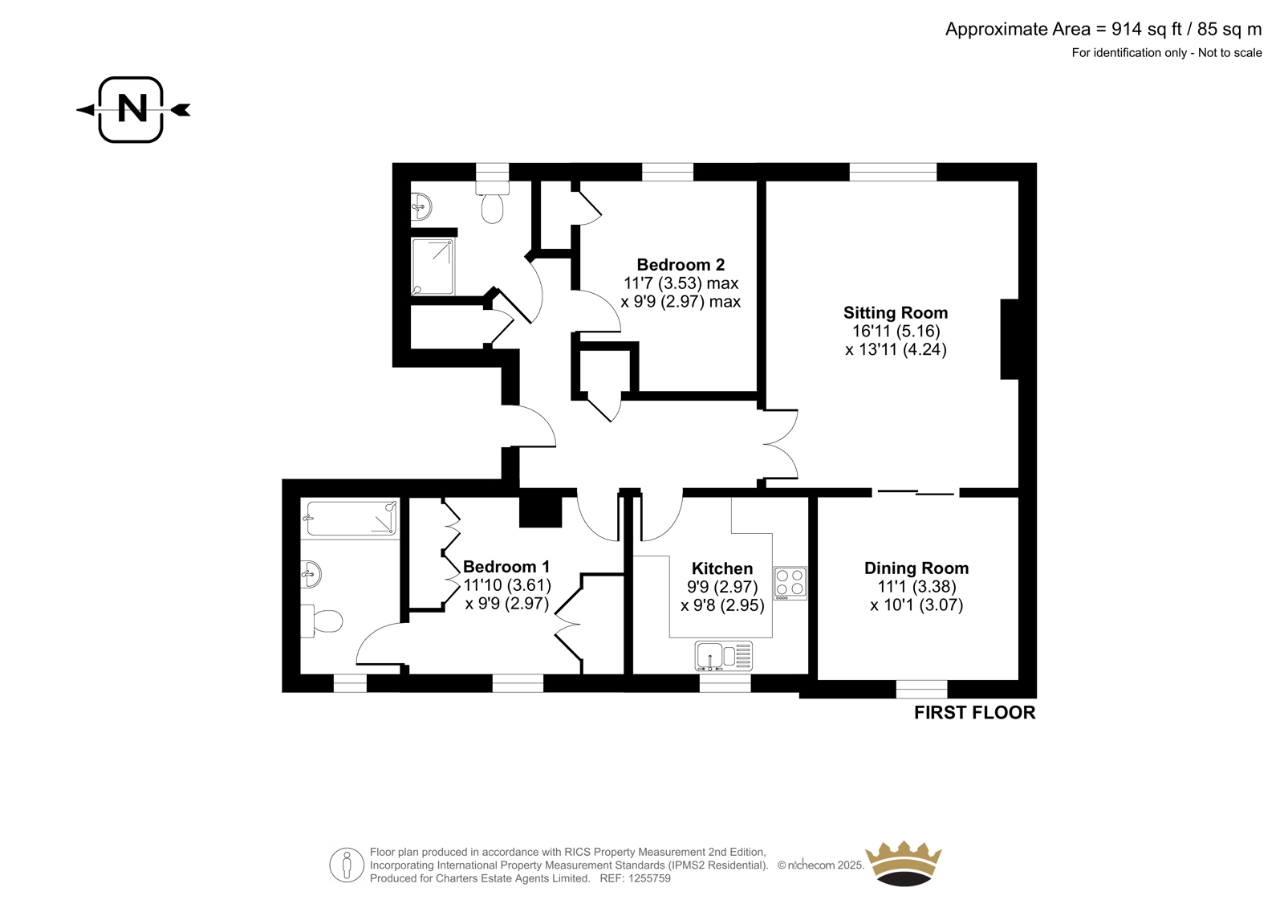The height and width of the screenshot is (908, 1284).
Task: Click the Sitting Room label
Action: pyautogui.click(x=896, y=312)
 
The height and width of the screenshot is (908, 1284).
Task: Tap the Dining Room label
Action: pyautogui.click(x=916, y=568)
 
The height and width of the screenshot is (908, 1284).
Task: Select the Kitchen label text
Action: pyautogui.click(x=722, y=568)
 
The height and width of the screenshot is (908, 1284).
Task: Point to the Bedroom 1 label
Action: pyautogui.click(x=506, y=567)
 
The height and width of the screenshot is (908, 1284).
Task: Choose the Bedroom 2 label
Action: pyautogui.click(x=681, y=264)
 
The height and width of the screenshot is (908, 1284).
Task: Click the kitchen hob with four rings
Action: pyautogui.click(x=790, y=583)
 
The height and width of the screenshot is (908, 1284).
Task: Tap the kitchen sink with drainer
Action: pyautogui.click(x=724, y=656)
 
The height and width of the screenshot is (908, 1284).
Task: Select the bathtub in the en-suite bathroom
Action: pyautogui.click(x=350, y=519)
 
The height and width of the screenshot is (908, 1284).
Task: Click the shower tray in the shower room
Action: pyautogui.click(x=433, y=267)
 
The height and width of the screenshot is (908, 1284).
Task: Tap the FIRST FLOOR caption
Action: pyautogui.click(x=974, y=713)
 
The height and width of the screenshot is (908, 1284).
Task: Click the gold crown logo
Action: pyautogui.click(x=904, y=864)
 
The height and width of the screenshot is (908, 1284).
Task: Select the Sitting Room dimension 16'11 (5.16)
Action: pyautogui.click(x=896, y=331)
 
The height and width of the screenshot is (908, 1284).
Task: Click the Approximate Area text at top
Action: pyautogui.click(x=1103, y=29)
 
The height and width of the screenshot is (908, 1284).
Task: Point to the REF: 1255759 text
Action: pyautogui.click(x=635, y=878)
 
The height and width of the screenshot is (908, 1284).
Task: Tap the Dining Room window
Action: pyautogui.click(x=922, y=689)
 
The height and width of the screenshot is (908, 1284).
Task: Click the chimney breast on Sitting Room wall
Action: pyautogui.click(x=1010, y=339)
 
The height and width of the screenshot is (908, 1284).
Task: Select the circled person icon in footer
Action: pyautogui.click(x=347, y=865)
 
